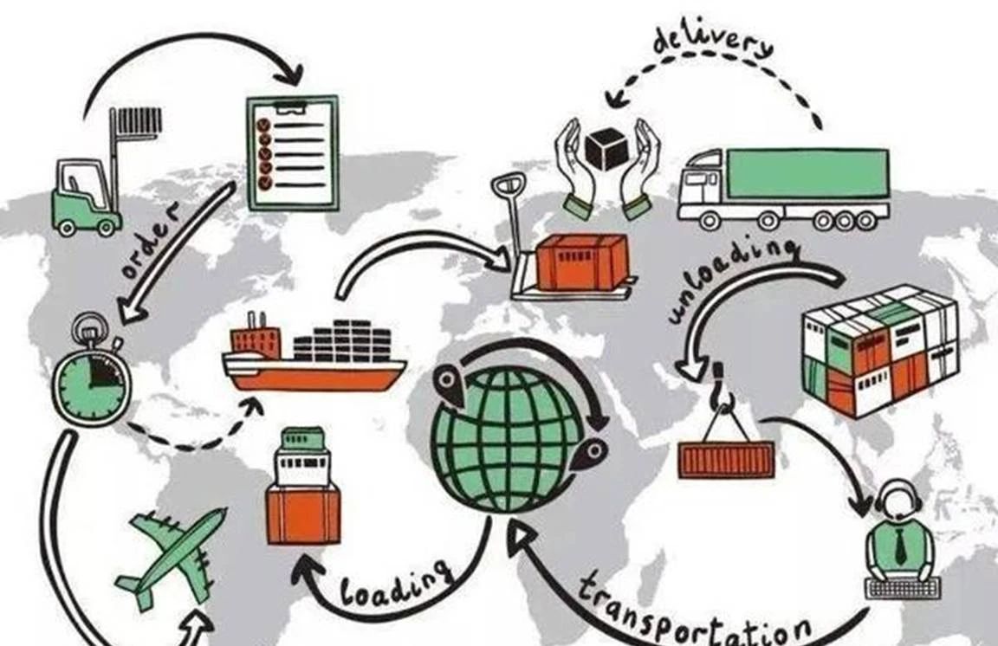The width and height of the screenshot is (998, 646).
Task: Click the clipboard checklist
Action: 292,152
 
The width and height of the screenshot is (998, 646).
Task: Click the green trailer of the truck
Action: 807,173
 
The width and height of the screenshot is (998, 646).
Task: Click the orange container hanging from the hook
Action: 726,458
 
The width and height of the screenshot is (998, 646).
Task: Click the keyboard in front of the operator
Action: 904,589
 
